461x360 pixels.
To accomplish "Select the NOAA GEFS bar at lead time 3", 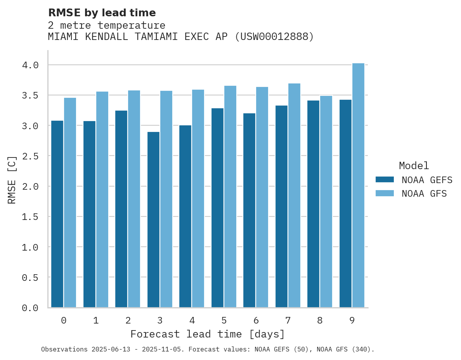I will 153,220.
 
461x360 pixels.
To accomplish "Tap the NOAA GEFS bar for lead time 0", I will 57,214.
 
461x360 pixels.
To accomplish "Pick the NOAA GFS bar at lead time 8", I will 326,201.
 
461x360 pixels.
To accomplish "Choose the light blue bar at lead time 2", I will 134,199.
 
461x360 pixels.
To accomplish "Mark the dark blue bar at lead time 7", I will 281,206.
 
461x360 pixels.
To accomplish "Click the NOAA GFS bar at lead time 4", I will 198,198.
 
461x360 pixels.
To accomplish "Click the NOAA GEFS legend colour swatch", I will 385,180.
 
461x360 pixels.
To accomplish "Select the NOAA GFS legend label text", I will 424,194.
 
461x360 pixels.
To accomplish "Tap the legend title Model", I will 414,166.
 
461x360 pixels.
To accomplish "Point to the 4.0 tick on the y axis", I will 30,65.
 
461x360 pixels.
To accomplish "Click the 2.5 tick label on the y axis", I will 30,156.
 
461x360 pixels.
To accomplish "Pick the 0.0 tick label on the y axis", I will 30,308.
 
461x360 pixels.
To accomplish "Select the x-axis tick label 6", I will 256,320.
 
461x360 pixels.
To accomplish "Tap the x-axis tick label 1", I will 96,320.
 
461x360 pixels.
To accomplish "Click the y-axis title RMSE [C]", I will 12,180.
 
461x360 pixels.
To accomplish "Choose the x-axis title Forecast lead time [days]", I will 208,334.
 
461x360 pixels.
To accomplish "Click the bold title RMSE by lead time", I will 102,13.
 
